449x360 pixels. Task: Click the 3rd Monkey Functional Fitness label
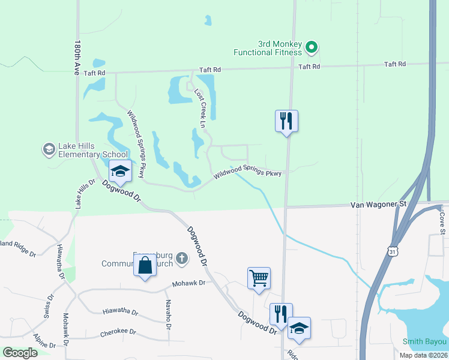click(x=279, y=48)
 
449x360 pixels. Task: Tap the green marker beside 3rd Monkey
click(x=311, y=47)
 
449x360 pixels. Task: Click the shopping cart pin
click(x=259, y=278)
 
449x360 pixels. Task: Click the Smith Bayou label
click(x=425, y=342)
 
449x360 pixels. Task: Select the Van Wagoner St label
click(x=378, y=205)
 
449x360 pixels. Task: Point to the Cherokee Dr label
click(x=119, y=332)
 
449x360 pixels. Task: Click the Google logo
click(x=20, y=353)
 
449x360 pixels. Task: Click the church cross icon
click(x=182, y=259)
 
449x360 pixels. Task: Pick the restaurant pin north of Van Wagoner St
click(x=286, y=122)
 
